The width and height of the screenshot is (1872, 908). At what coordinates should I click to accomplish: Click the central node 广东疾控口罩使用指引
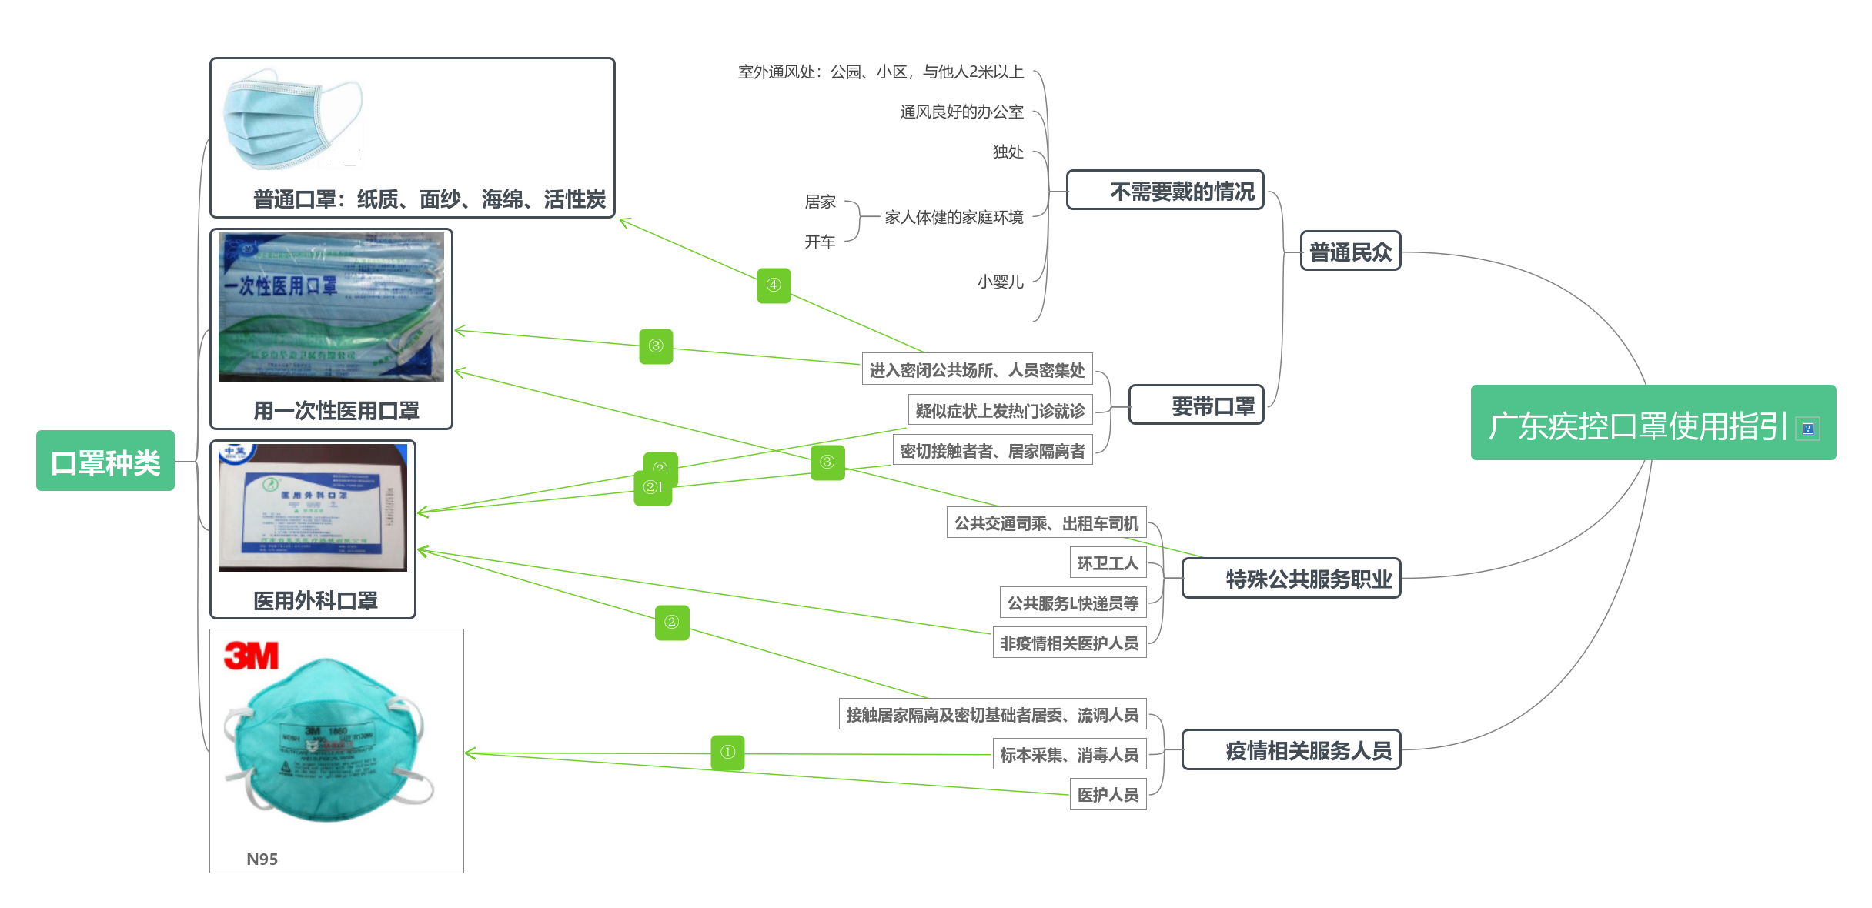pos(1638,425)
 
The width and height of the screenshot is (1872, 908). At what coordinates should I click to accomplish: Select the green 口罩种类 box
pos(105,462)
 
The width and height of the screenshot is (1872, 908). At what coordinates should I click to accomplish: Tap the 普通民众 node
pos(1350,252)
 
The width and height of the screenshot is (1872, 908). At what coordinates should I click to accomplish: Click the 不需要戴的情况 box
pos(1165,191)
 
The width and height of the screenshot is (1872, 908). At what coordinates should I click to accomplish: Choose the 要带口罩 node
pos(1197,406)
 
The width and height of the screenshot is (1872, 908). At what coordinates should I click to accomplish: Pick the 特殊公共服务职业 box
pos(1292,579)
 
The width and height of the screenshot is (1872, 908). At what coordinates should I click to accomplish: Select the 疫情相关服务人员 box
pos(1292,750)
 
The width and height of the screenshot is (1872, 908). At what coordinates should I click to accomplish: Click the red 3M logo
pos(251,656)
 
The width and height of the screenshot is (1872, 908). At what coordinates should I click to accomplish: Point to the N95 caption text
pos(262,859)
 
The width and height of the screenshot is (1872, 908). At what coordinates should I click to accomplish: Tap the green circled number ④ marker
pos(774,285)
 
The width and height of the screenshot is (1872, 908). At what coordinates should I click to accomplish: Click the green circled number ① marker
pos(727,753)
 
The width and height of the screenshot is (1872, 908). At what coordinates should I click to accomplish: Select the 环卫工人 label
pos(1108,563)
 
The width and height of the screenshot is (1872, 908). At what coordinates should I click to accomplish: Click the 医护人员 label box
pos(1108,795)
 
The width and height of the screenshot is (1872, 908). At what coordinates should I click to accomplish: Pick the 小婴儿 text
pos(1000,282)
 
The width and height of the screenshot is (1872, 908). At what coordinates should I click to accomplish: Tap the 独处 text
pos(1008,152)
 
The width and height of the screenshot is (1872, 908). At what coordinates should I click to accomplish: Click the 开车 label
pos(820,242)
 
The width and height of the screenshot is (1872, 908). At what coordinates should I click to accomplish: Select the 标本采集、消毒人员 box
pos(1069,755)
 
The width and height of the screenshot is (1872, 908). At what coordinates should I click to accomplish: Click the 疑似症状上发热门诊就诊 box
pos(1000,411)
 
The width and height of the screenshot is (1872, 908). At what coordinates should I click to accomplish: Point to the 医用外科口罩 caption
pos(316,600)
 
